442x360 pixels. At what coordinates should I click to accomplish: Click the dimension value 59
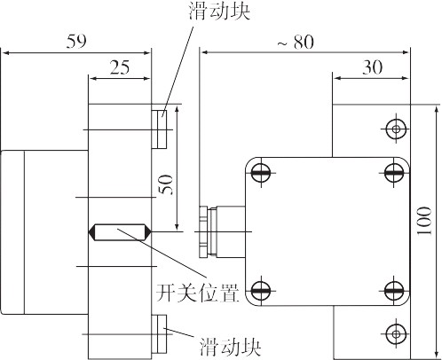click(76, 41)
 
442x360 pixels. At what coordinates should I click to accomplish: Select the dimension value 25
click(120, 67)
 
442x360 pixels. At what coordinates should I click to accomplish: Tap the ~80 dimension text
click(296, 42)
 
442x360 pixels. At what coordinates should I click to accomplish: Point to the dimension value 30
click(373, 67)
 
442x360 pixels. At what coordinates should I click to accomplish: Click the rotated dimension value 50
click(166, 184)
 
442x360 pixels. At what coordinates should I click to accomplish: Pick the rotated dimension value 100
click(424, 221)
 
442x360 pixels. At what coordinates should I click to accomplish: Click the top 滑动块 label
click(219, 12)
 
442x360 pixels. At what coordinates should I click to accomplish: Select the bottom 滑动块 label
click(230, 347)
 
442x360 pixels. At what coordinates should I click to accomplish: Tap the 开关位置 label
click(197, 293)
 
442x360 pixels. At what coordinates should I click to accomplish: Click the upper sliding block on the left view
click(159, 129)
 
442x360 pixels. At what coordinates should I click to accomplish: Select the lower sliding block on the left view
click(159, 334)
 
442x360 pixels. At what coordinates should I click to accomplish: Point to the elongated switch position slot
click(120, 232)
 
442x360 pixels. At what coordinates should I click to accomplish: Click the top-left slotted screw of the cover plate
click(261, 172)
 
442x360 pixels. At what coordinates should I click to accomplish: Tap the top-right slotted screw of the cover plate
click(394, 172)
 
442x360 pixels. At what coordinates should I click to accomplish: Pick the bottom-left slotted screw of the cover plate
click(261, 291)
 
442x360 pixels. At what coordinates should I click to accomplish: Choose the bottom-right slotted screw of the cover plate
click(394, 291)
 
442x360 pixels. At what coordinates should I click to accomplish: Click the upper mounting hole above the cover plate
click(396, 129)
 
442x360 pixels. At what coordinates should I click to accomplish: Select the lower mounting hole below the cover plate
click(396, 334)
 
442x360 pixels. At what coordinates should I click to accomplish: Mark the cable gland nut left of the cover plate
click(204, 232)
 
